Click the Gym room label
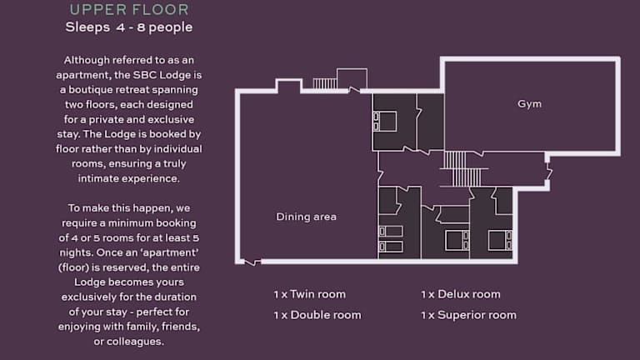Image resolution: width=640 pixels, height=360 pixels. pos(529,104)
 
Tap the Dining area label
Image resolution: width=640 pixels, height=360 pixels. pos(306,217)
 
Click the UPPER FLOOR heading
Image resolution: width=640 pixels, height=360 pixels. pos(129,9)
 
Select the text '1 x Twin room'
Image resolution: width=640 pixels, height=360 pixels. pos(310,294)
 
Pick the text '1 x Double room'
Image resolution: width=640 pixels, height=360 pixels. pos(317,315)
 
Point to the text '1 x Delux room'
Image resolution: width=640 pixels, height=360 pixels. pos(461,294)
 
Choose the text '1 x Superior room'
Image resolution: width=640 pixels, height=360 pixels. pos(469,315)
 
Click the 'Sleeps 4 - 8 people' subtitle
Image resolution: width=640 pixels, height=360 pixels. pos(129,27)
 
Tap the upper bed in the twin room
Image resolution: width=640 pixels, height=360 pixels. pos(391,232)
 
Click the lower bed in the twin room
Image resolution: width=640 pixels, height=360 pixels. pos(391,246)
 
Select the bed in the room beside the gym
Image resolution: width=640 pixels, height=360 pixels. pos(384,122)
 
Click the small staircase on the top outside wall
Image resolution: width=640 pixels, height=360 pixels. pos(325,83)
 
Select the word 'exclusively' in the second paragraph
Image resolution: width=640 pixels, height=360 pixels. pos(83,297)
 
